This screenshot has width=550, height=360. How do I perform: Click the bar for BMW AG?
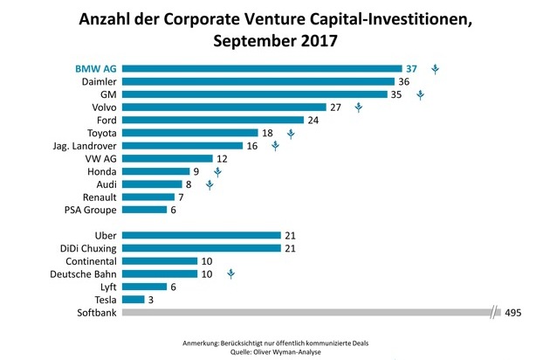click(262, 68)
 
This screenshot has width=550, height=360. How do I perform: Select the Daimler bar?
click(258, 81)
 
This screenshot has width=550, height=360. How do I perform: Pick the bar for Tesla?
click(134, 299)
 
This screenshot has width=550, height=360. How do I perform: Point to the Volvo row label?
click(103, 107)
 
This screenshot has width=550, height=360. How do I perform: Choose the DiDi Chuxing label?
click(83, 247)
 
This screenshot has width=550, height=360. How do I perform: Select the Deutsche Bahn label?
click(80, 273)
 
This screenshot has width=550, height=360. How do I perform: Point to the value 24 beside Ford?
click(313, 120)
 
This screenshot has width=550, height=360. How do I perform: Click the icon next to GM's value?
click(420, 94)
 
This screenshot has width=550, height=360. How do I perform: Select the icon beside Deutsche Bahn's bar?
click(230, 273)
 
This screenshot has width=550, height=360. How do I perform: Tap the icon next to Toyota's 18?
click(291, 133)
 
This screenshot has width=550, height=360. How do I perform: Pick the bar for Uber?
click(202, 235)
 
